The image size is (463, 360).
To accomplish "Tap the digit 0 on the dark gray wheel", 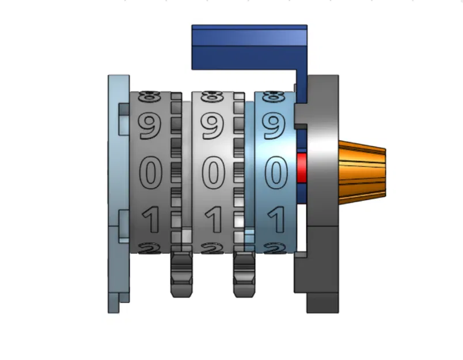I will tap(150, 173).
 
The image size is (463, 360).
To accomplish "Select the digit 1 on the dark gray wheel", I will tap(150, 219).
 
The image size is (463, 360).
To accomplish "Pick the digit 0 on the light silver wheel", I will tap(213, 173).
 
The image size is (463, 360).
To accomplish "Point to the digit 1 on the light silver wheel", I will tap(213, 219).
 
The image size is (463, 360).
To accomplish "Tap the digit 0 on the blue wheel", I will tap(275, 173).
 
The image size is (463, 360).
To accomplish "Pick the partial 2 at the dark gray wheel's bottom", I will tap(150, 248).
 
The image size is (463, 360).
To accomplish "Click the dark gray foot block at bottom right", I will tap(321, 302).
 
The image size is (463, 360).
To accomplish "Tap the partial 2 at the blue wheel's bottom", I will tap(275, 248).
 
